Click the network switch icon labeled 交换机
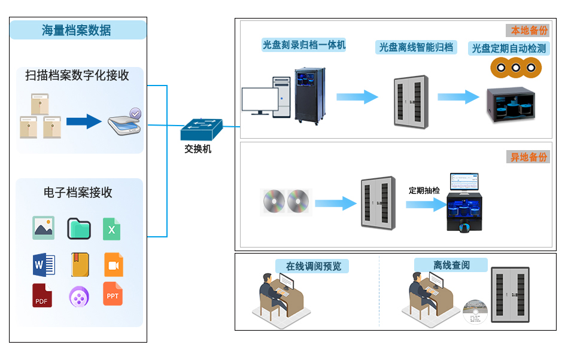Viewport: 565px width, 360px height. point(201,128)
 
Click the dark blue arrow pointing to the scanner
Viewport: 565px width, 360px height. point(84,121)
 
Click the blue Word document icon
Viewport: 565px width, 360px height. point(44,264)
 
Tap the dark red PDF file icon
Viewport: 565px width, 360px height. point(42,295)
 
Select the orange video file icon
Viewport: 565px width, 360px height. point(114,264)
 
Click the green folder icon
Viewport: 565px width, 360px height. point(78,228)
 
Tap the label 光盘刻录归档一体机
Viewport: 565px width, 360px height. point(304,45)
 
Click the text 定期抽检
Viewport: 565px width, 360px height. point(424,190)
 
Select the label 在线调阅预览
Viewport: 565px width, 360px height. point(312,266)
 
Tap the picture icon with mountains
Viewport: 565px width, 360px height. point(44,228)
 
